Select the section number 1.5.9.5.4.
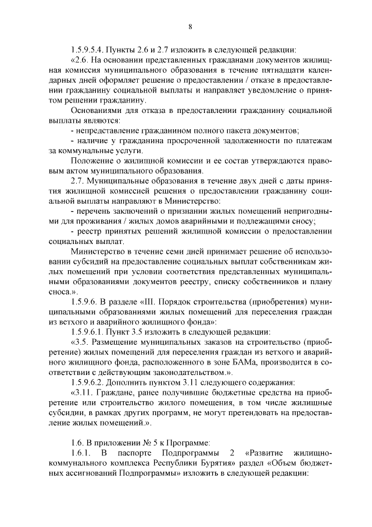click(x=90, y=49)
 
